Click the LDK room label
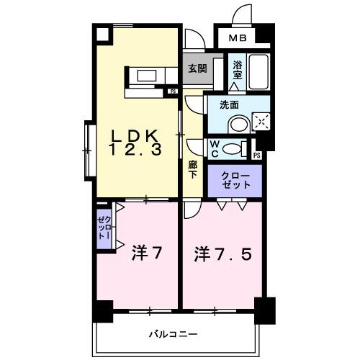pyautogui.click(x=135, y=134)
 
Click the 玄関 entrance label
pyautogui.click(x=197, y=68)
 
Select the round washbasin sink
pyautogui.click(x=237, y=124)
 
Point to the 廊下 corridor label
pyautogui.click(x=193, y=169)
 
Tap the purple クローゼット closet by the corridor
pyautogui.click(x=235, y=181)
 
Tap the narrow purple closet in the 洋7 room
pyautogui.click(x=104, y=227)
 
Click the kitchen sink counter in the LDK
pyautogui.click(x=148, y=75)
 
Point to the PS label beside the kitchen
pyautogui.click(x=173, y=91)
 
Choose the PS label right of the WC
pyautogui.click(x=257, y=155)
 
